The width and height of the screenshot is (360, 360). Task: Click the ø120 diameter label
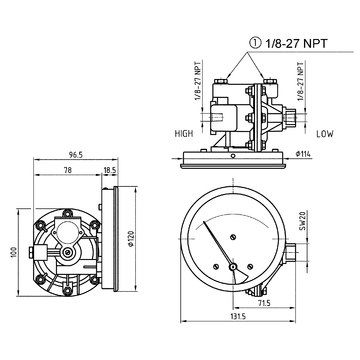131,240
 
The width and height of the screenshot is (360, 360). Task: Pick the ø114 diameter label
302,153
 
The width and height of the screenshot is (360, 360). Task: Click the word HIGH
183,133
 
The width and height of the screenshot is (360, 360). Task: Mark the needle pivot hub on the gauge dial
234,267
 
